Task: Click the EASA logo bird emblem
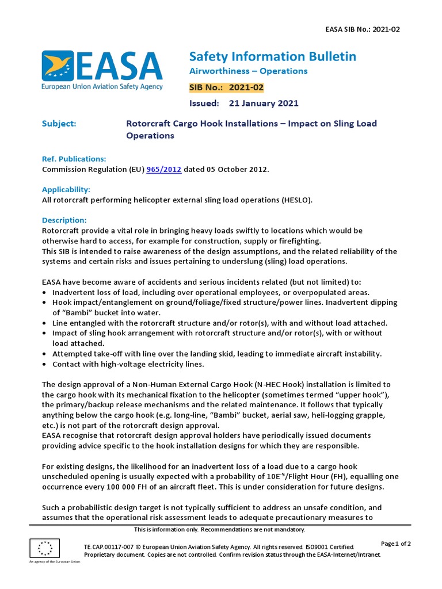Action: [57, 66]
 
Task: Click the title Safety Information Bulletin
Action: [272, 56]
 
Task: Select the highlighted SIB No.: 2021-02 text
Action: [226, 87]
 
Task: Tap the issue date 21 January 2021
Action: [263, 104]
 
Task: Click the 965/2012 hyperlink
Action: [164, 169]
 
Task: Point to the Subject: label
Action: [59, 124]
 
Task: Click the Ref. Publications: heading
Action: [74, 159]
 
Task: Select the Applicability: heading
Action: [66, 189]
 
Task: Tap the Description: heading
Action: [64, 220]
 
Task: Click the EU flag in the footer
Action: [44, 548]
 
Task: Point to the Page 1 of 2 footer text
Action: [396, 544]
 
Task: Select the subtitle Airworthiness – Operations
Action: [248, 71]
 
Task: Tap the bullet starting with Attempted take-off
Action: [216, 354]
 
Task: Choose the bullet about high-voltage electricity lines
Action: [128, 364]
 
